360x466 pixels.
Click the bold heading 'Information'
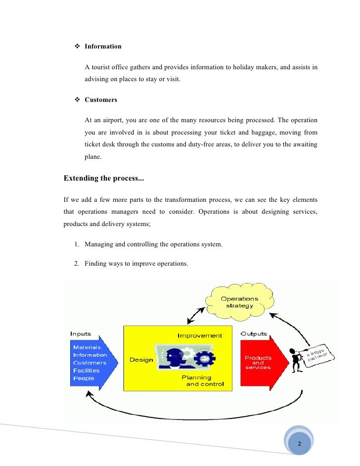(x=103, y=47)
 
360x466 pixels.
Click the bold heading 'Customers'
(x=101, y=100)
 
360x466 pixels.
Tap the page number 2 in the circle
(x=299, y=443)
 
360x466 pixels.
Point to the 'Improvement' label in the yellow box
(x=200, y=336)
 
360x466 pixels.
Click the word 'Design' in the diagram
(x=141, y=360)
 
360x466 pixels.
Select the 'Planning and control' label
(x=202, y=380)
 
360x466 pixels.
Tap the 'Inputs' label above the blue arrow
(x=81, y=334)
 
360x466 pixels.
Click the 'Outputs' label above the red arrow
(x=254, y=334)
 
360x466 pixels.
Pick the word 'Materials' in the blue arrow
(x=87, y=347)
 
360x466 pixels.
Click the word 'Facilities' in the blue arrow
(x=86, y=371)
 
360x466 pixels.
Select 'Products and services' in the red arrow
(x=258, y=363)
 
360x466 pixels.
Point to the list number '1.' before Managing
(x=77, y=244)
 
